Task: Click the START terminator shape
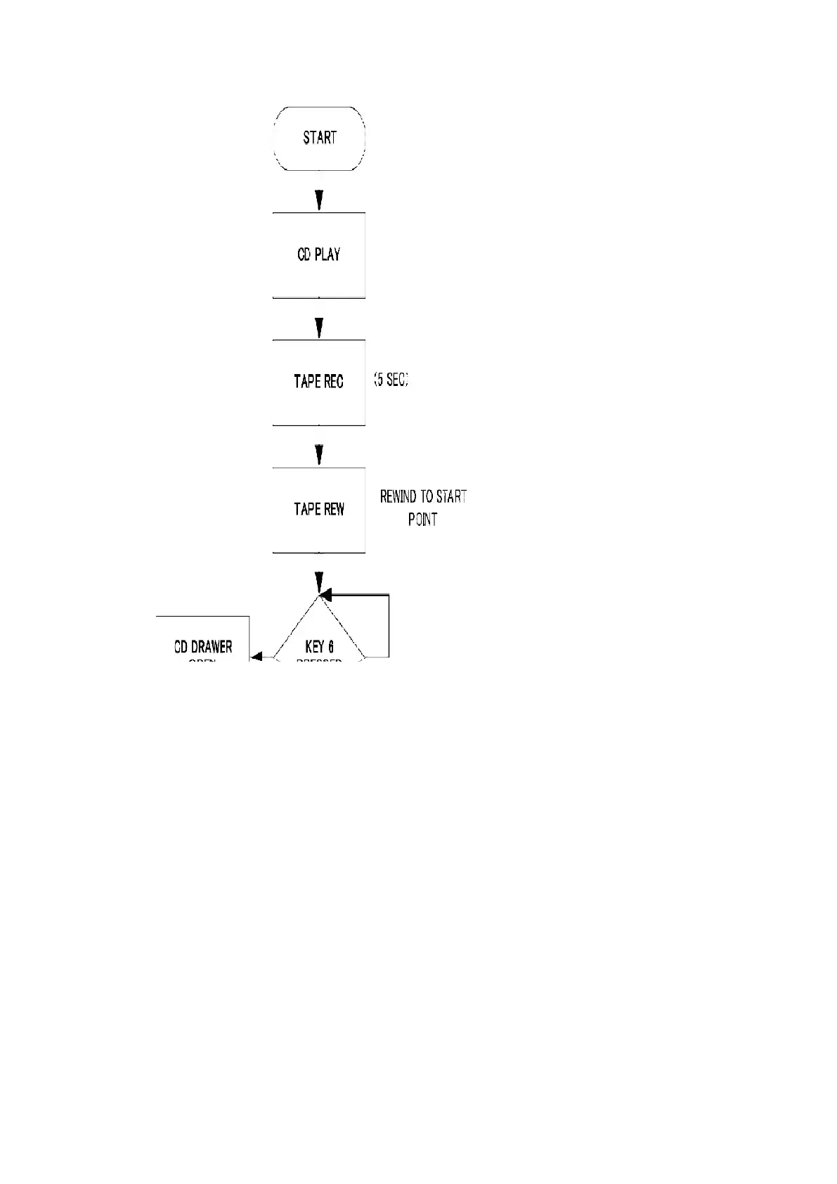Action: point(319,139)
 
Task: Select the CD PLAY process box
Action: point(319,255)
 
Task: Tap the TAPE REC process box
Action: point(319,382)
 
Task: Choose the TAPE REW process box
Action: point(319,510)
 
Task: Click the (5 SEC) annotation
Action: point(390,381)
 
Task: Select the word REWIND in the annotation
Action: point(398,497)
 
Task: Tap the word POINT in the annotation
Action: point(422,520)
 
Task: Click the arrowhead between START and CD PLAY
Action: point(320,200)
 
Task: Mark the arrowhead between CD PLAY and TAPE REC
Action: point(320,328)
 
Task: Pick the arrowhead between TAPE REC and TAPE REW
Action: point(320,455)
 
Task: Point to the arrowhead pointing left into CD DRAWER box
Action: point(257,657)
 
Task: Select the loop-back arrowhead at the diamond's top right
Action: point(326,596)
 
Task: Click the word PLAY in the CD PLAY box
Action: point(327,255)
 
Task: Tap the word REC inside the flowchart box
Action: point(335,382)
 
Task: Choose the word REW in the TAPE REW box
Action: point(335,510)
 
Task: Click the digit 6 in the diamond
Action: point(330,647)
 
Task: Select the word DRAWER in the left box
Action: point(212,647)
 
